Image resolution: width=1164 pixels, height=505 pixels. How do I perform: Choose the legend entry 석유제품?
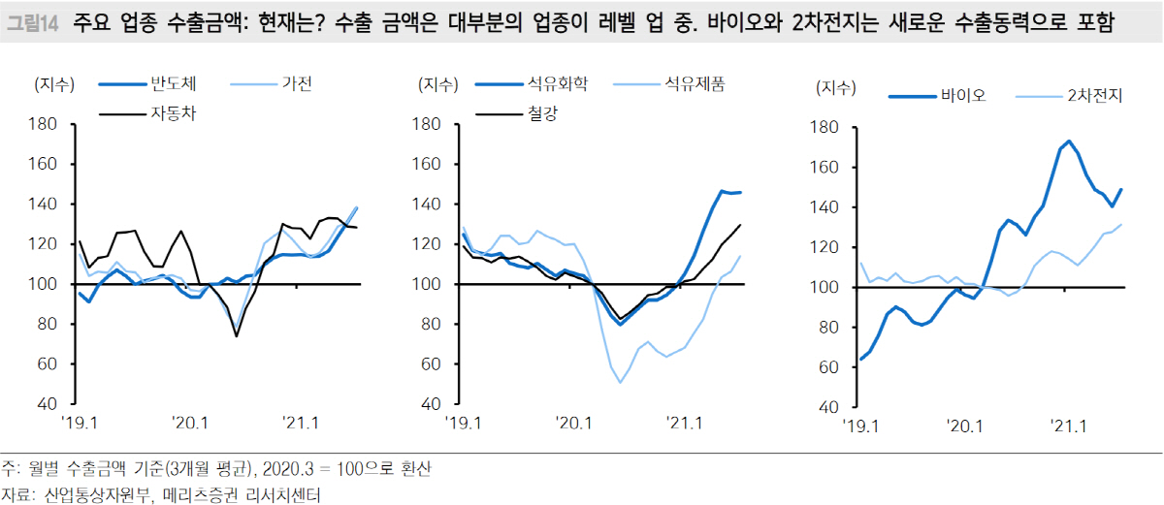click(x=694, y=84)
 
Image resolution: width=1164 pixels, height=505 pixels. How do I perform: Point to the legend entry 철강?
click(x=544, y=112)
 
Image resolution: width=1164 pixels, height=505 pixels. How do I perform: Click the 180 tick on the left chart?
click(x=44, y=124)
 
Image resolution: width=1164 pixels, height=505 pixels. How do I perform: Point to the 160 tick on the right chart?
click(x=821, y=168)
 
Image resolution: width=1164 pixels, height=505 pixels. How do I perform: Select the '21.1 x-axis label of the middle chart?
click(x=685, y=423)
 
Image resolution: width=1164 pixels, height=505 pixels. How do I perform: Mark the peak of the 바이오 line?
click(x=1069, y=142)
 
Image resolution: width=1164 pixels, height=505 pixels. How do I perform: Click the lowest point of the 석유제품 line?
click(x=621, y=382)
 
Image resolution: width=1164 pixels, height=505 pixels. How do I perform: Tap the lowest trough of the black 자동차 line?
click(x=236, y=336)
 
